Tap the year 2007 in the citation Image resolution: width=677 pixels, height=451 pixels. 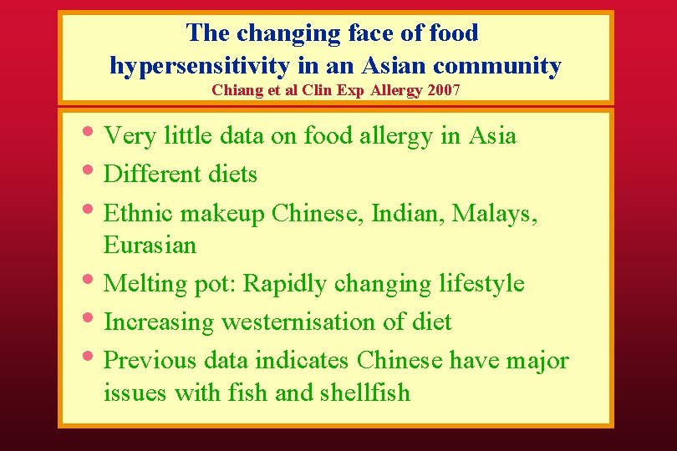point(443,89)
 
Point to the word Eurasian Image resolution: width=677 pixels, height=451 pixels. point(150,246)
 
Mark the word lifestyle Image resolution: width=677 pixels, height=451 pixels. point(481,283)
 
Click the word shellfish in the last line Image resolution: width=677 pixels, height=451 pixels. point(365,393)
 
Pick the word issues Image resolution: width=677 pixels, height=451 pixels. point(135,393)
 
